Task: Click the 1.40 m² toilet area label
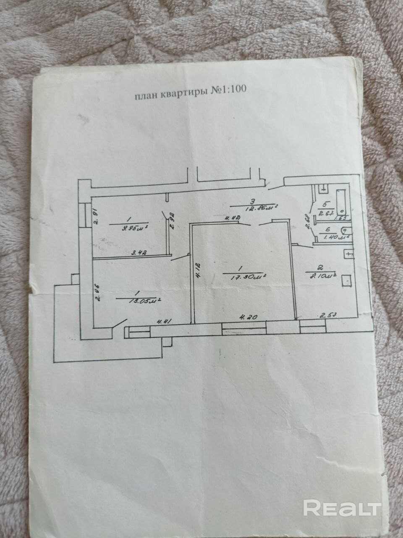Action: tap(332, 237)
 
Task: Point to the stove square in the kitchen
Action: tap(347, 280)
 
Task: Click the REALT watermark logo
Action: tap(342, 508)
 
